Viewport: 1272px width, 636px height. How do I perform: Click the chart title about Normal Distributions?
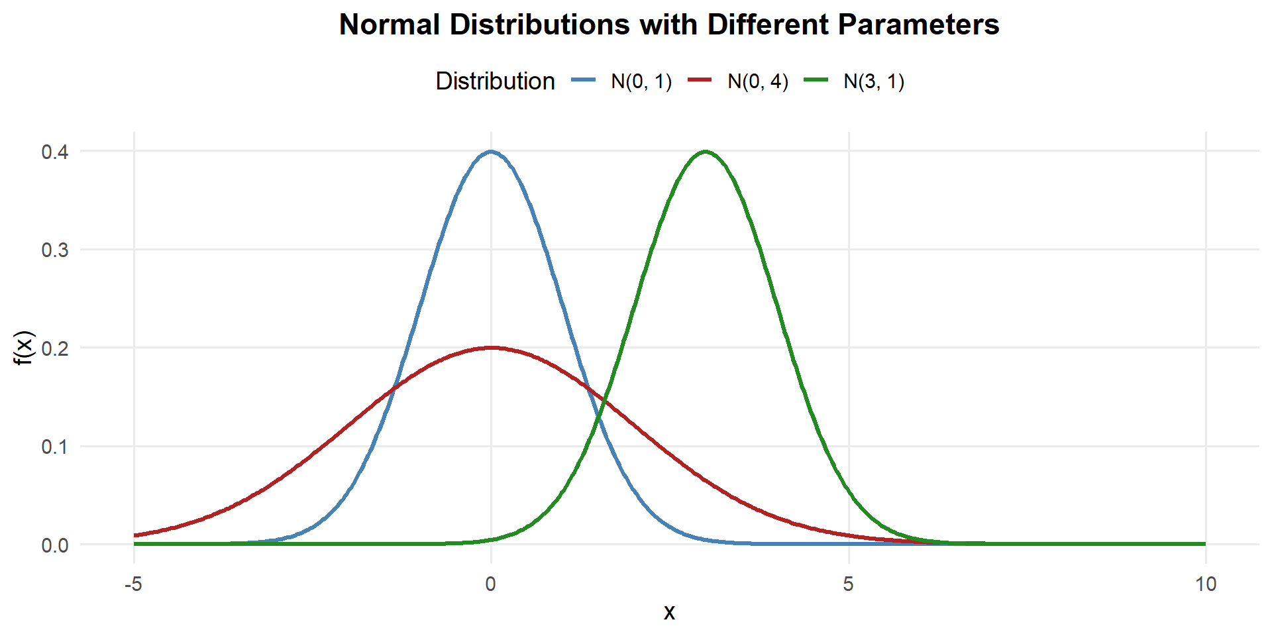(668, 25)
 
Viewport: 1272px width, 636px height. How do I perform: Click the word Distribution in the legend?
(495, 81)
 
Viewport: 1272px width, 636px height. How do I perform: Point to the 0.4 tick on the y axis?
(55, 152)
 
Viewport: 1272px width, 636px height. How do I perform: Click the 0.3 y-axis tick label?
(55, 250)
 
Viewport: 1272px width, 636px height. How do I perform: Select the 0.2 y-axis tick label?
(55, 348)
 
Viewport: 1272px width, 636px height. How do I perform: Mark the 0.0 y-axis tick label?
(55, 545)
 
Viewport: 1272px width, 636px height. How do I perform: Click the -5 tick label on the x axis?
(134, 584)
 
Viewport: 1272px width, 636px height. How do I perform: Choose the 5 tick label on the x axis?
(848, 584)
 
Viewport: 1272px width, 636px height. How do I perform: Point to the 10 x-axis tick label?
(1206, 584)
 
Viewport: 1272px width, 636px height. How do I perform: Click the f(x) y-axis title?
(24, 348)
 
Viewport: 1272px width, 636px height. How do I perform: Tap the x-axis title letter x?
(669, 612)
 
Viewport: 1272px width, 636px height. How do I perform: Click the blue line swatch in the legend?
(584, 81)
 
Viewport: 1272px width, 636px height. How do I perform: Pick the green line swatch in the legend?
(816, 81)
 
